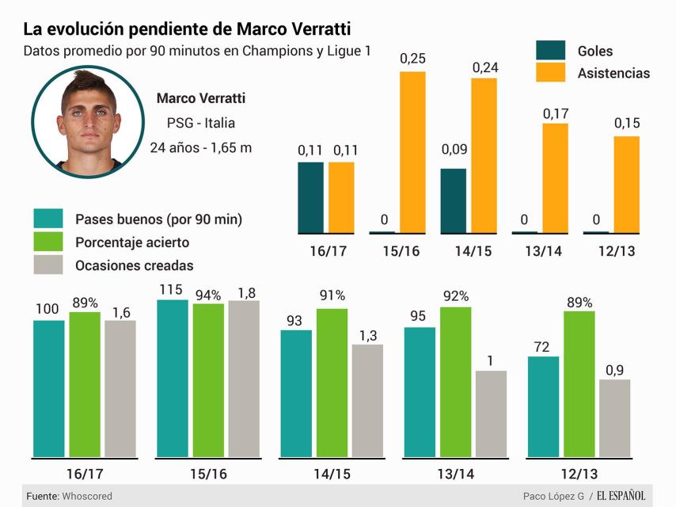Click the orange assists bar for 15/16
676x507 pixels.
point(412,152)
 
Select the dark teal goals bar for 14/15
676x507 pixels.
point(454,200)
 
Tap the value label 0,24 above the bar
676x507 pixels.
point(484,67)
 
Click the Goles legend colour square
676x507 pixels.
point(551,51)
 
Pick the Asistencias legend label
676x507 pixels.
point(613,73)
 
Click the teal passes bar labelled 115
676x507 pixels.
point(173,378)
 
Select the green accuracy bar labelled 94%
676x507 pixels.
point(208,379)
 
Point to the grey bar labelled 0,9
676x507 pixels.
point(614,417)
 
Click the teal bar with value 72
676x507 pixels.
point(543,406)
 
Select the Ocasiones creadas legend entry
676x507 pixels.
point(134,266)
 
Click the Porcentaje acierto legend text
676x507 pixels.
point(132,242)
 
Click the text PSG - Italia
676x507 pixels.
point(200,123)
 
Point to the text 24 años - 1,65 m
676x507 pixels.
point(200,147)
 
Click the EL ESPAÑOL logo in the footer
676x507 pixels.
point(621,496)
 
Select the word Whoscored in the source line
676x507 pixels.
point(88,496)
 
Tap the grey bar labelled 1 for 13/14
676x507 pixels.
point(491,414)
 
